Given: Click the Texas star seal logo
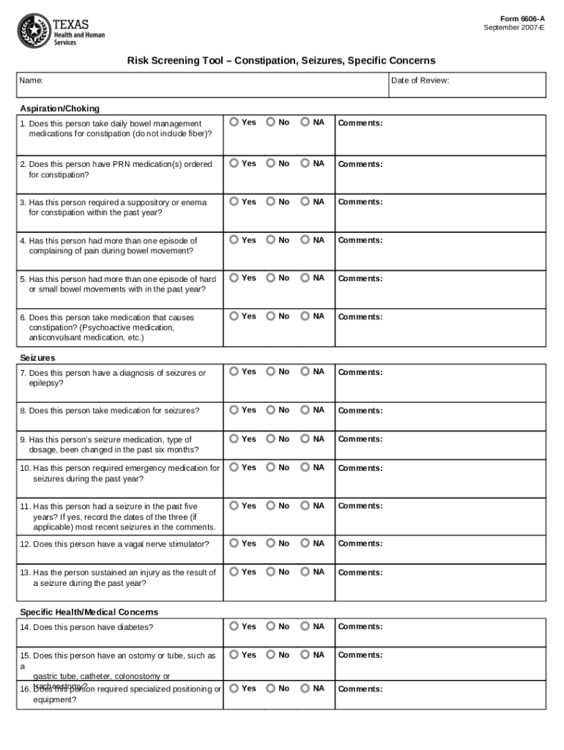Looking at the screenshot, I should [x=32, y=29].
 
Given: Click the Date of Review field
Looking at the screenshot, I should [x=467, y=85].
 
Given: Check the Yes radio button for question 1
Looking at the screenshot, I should [x=234, y=122].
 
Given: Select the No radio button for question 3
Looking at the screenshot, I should [x=270, y=201].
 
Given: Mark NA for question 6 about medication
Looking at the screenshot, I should [x=305, y=316].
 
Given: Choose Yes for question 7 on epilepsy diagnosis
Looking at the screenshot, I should [x=234, y=371].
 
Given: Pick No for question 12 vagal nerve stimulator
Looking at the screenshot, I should [x=270, y=543].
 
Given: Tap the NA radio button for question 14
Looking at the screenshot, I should [x=305, y=625].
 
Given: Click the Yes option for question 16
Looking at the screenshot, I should [x=234, y=688].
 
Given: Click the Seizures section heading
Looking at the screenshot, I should [x=37, y=357].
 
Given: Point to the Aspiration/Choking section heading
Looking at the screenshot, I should [x=59, y=108].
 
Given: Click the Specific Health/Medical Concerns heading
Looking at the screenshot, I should [x=89, y=612].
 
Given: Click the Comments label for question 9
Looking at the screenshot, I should [x=360, y=439].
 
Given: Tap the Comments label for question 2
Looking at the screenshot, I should [x=360, y=164].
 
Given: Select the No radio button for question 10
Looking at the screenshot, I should [x=270, y=467].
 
